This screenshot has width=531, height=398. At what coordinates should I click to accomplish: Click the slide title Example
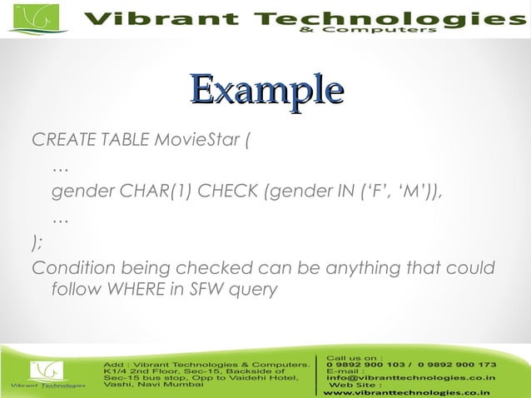[x=266, y=89]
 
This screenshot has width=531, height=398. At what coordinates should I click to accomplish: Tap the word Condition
[x=72, y=268]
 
